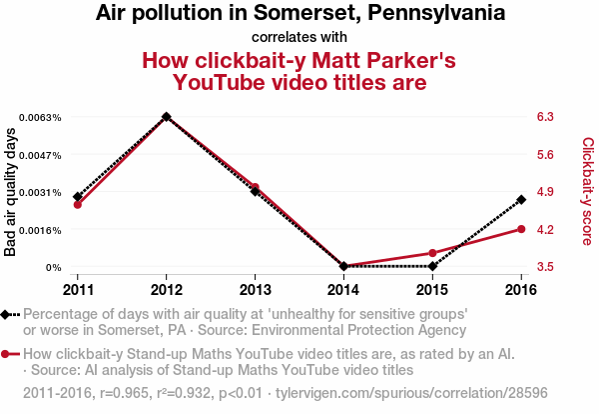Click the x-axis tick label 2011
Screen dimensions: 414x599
click(78, 289)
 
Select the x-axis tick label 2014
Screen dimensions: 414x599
click(343, 289)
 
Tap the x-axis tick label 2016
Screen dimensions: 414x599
click(521, 289)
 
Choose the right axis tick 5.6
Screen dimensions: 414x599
click(545, 155)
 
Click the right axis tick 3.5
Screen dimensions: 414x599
click(545, 267)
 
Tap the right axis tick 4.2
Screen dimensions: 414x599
click(545, 230)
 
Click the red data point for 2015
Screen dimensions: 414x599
click(432, 253)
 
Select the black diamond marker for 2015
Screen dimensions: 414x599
click(432, 266)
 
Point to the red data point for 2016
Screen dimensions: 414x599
click(521, 229)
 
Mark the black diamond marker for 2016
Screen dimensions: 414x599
click(521, 200)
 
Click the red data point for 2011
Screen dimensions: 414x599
click(78, 204)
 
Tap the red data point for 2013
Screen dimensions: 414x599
click(256, 187)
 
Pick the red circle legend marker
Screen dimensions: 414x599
click(7, 354)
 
